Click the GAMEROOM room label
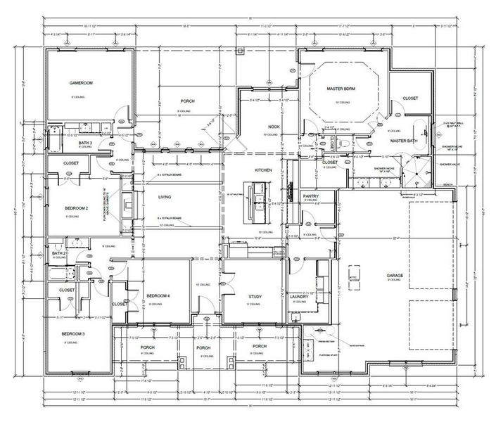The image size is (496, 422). (82, 83)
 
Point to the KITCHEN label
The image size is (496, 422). (263, 171)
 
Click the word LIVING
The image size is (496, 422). (165, 198)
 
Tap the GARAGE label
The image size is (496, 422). (395, 275)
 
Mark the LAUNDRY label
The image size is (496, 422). (300, 297)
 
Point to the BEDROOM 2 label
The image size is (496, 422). (77, 209)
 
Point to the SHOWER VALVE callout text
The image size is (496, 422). (450, 164)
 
